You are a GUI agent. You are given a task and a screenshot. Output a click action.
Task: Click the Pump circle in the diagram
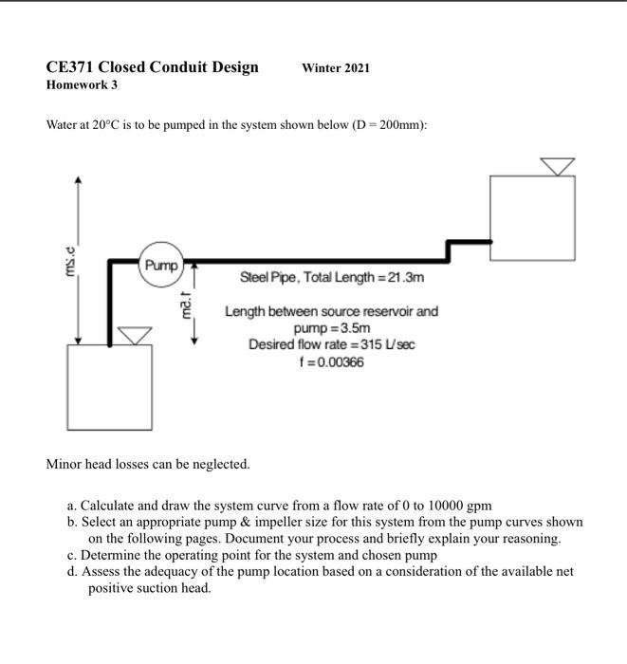tap(160, 265)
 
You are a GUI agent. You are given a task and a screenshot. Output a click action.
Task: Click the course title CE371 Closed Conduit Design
tap(152, 67)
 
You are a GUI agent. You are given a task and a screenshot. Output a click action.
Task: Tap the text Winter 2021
tap(336, 68)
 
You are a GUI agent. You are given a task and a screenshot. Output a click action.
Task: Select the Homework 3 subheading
tap(82, 85)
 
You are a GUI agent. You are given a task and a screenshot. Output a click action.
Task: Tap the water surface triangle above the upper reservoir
tap(557, 166)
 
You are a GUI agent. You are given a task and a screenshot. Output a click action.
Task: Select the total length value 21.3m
tap(399, 278)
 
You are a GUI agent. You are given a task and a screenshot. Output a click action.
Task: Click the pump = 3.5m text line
tap(330, 327)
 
